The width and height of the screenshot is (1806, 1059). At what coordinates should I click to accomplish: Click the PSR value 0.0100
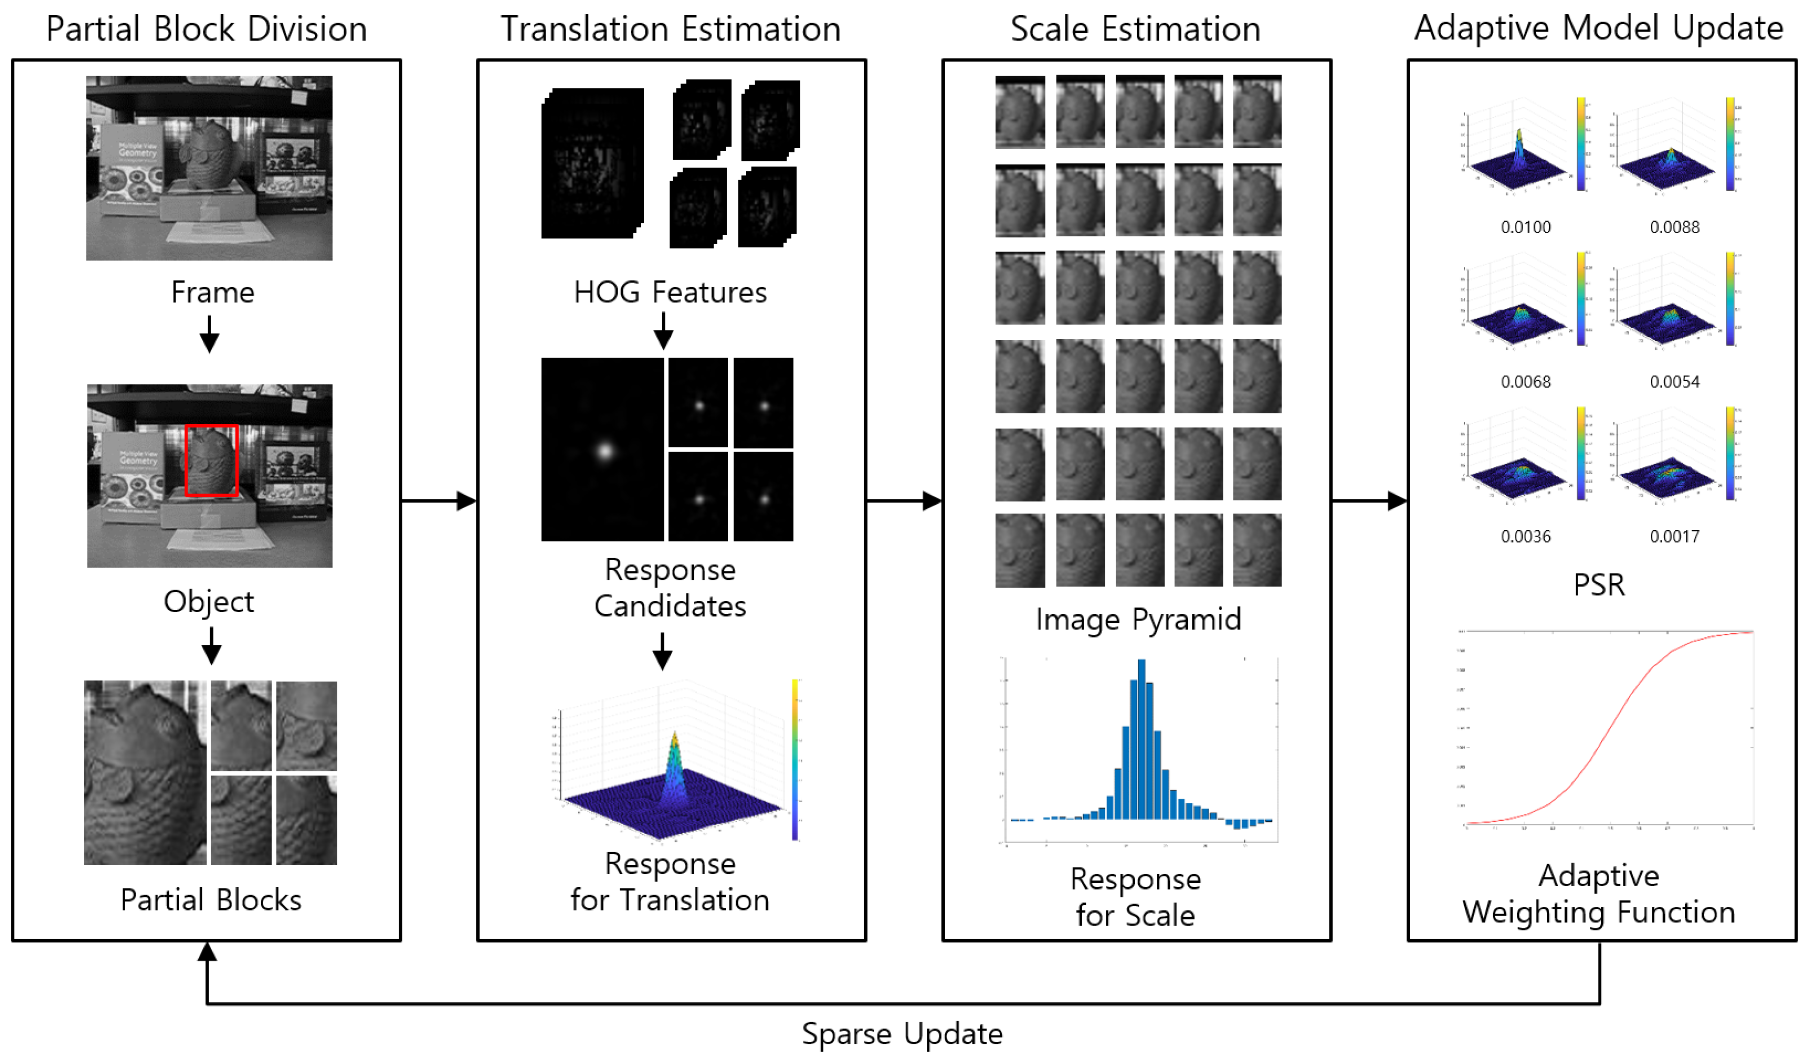tap(1525, 227)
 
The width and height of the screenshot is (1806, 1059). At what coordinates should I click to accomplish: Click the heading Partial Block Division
tap(206, 29)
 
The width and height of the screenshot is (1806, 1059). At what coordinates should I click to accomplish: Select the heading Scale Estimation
tap(1135, 29)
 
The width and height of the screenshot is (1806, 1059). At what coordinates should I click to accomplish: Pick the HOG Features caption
tap(670, 292)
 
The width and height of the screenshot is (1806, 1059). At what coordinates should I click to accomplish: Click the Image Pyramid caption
tap(1138, 619)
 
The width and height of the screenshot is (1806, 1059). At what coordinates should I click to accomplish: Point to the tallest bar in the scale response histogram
tap(1142, 738)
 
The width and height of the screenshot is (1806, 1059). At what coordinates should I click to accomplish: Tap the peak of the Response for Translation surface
tap(674, 738)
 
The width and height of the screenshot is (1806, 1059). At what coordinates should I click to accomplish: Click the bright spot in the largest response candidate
tap(605, 451)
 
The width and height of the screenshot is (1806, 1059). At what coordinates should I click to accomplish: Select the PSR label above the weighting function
tap(1599, 585)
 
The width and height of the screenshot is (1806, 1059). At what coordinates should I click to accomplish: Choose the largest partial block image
tap(145, 772)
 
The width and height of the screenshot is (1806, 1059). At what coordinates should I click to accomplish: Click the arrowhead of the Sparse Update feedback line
tap(207, 951)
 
